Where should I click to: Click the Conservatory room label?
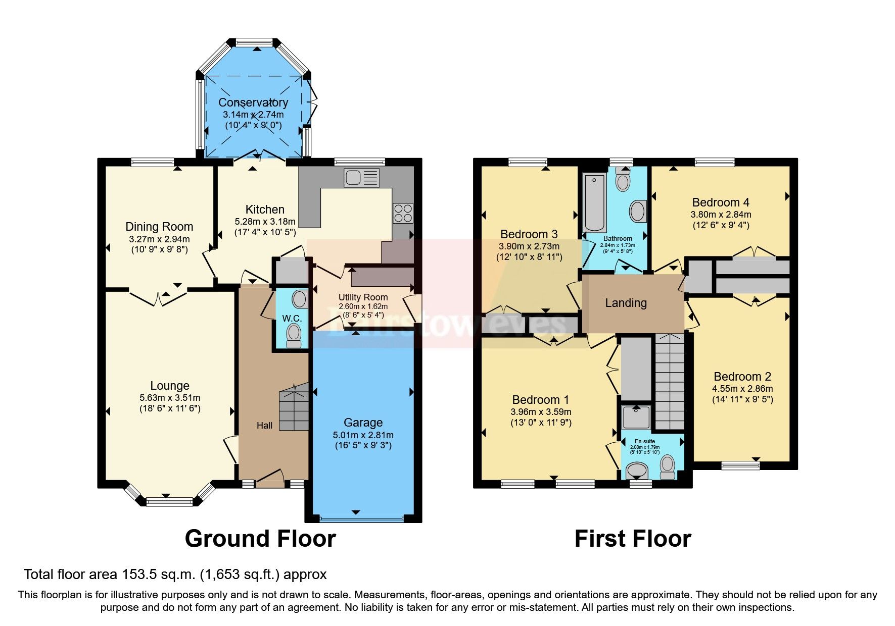click(x=253, y=102)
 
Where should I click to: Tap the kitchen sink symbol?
click(x=361, y=178)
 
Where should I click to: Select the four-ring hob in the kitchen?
click(x=403, y=213)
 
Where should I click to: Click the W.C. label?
click(x=292, y=318)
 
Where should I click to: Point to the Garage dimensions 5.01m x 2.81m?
click(x=363, y=435)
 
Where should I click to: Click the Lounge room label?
click(x=170, y=386)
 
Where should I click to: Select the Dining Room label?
click(x=159, y=227)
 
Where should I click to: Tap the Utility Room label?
click(x=363, y=297)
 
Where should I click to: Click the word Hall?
click(x=264, y=426)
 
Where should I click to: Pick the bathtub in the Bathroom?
click(x=594, y=202)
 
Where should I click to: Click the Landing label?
click(x=626, y=303)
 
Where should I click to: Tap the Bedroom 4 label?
click(x=721, y=202)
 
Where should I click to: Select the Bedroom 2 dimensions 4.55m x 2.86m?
click(x=742, y=389)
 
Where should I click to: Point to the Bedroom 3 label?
click(x=529, y=234)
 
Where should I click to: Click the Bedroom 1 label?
click(x=540, y=400)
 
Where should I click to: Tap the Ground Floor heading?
click(x=260, y=539)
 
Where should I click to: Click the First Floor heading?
click(x=633, y=539)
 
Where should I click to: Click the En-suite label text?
click(x=645, y=441)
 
